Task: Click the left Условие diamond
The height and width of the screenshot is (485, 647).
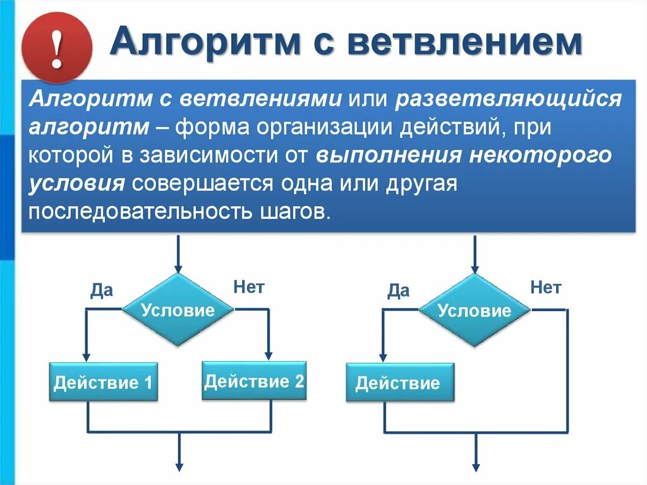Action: pos(178,310)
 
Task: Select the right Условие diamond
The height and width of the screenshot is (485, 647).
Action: pos(475,310)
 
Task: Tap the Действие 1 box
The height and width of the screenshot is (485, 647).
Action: pos(103,382)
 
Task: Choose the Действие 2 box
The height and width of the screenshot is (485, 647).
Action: pos(254,381)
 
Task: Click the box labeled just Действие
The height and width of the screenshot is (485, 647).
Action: pos(400,383)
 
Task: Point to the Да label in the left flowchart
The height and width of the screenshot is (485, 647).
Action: pos(101,290)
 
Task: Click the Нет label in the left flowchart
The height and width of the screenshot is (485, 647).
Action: pos(248,287)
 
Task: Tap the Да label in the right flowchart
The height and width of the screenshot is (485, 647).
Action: pos(398,290)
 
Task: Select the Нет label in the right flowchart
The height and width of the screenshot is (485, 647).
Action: pos(545,288)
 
